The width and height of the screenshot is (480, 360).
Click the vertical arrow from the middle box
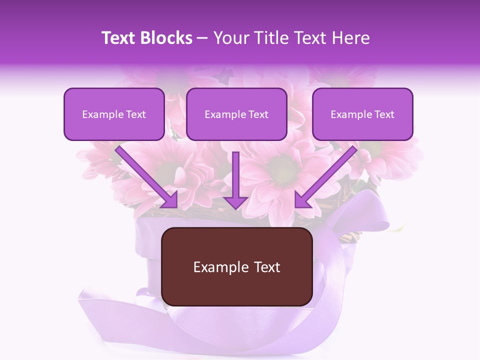tap(236, 175)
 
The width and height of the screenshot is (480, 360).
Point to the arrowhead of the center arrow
tap(236, 202)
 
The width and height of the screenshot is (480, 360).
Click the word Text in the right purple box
tap(384, 114)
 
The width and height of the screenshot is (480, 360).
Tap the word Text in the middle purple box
tap(258, 114)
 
